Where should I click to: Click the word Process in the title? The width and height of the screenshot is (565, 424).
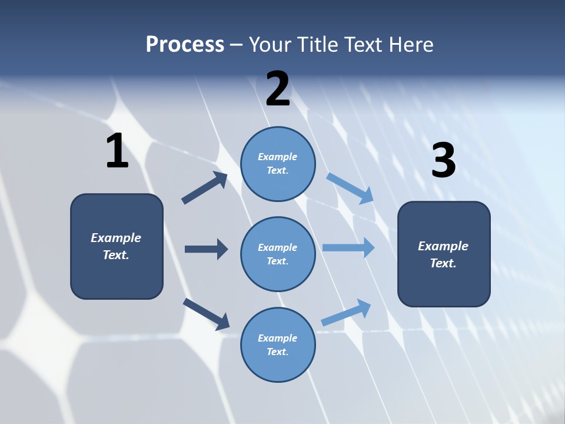tap(185, 44)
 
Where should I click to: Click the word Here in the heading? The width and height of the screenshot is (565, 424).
tap(410, 44)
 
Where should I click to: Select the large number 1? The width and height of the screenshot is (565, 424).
tap(117, 151)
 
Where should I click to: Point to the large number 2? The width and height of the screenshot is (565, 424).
tap(278, 89)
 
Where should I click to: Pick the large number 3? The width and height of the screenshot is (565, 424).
tap(443, 161)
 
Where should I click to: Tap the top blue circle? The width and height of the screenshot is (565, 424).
tap(278, 164)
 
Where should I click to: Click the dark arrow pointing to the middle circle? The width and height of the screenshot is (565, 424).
tap(206, 249)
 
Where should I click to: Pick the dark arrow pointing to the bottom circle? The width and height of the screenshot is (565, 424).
tap(206, 314)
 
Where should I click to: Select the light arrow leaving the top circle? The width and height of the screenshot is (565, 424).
tap(350, 188)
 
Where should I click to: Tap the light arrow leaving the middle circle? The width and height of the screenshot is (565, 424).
tap(348, 248)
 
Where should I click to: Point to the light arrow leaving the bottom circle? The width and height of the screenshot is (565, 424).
tap(346, 312)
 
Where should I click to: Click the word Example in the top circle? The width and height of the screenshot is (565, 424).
tap(278, 157)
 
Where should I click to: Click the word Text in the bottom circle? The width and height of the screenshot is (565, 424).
tap(277, 352)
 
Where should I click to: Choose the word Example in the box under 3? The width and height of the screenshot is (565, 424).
tap(443, 246)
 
